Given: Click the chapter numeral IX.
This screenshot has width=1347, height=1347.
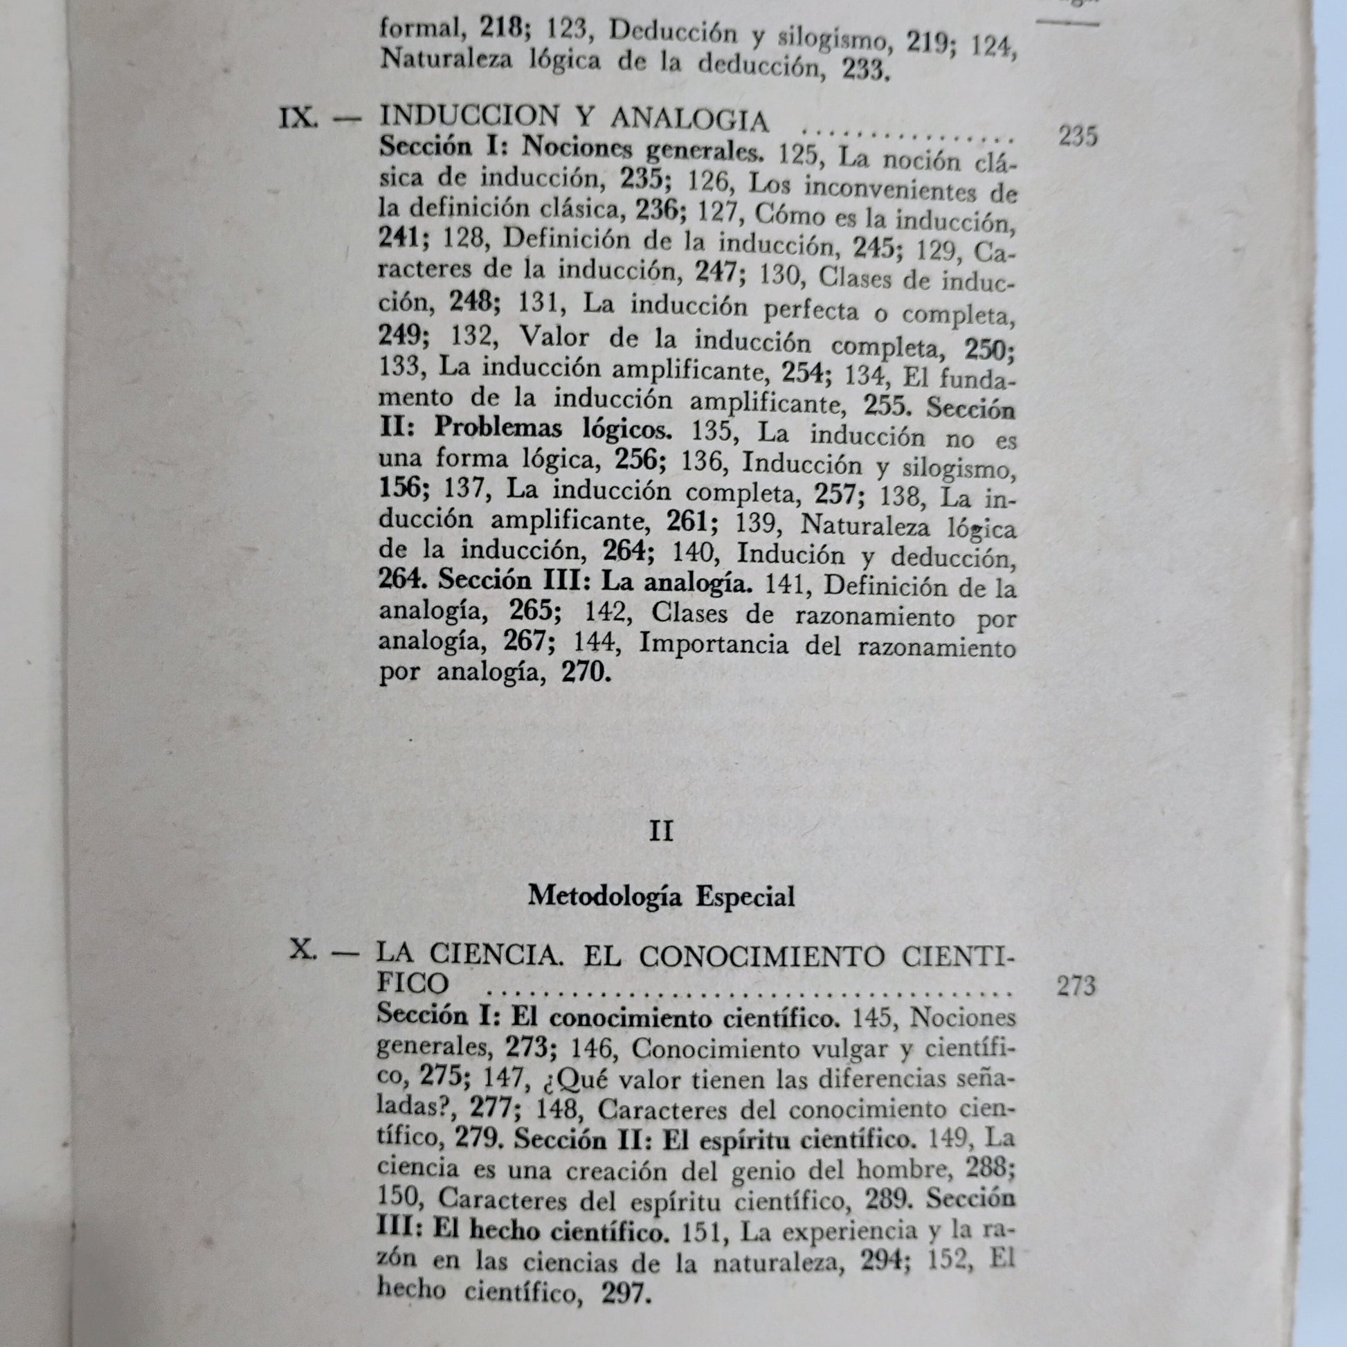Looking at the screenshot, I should click(298, 118).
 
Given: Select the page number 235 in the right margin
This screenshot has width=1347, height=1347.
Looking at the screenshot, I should click(1077, 136).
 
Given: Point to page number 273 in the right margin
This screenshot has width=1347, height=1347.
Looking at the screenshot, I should click(1076, 986).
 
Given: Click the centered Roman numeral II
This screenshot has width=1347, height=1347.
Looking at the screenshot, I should click(660, 832).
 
